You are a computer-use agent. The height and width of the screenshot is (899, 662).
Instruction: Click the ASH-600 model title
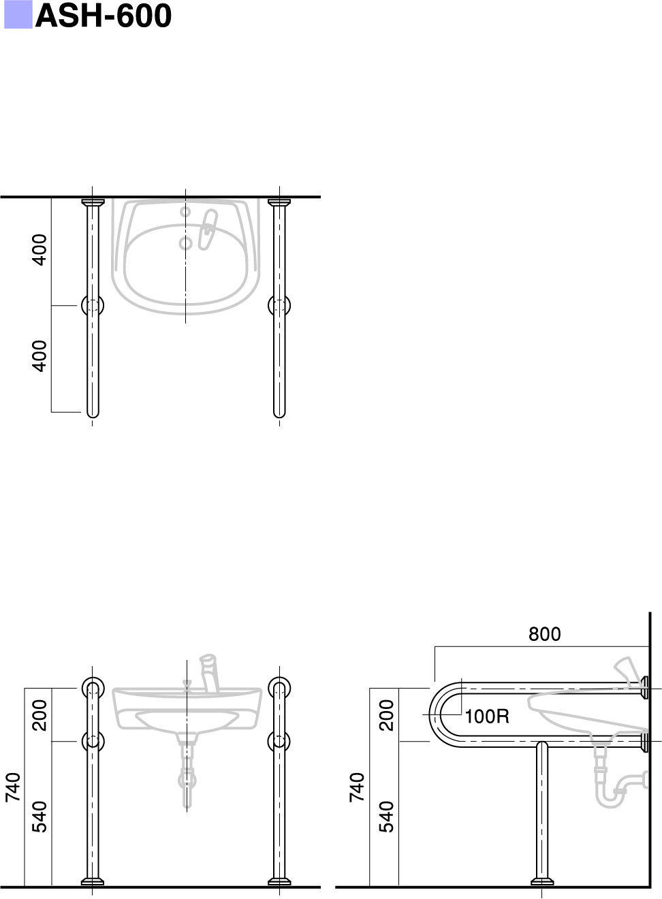click(103, 16)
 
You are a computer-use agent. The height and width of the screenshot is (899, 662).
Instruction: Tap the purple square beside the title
click(18, 15)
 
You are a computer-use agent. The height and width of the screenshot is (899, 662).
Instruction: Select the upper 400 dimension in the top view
click(40, 250)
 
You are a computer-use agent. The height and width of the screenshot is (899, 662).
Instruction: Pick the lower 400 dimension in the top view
click(40, 356)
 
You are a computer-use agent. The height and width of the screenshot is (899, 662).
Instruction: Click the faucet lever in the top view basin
click(208, 229)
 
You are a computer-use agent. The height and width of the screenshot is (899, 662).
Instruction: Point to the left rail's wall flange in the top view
click(93, 202)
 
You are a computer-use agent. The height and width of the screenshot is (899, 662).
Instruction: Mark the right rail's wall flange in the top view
click(279, 202)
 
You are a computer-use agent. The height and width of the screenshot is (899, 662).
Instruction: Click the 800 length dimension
click(544, 634)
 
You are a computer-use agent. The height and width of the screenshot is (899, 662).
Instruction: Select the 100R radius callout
click(487, 716)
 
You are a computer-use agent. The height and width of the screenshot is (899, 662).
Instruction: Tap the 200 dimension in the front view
click(40, 715)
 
